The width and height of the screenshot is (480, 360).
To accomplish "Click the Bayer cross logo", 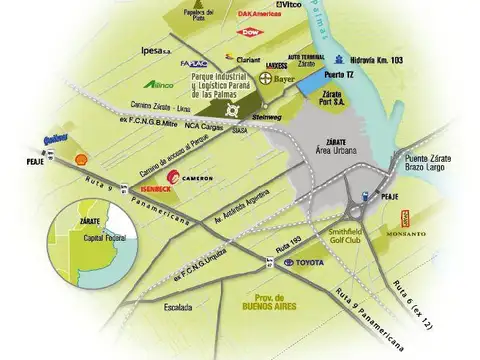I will pos(265,78).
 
